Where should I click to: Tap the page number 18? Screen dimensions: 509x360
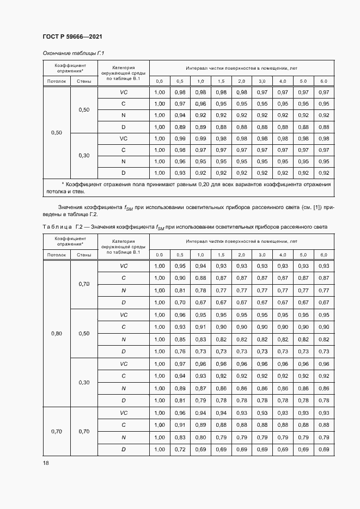point(46,462)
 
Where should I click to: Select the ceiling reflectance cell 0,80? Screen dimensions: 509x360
point(57,333)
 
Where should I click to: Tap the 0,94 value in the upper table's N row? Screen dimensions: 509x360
point(180,115)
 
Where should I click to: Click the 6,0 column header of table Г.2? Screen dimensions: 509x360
point(324,255)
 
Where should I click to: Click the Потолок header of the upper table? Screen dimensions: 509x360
point(57,81)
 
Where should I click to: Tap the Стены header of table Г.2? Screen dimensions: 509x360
point(84,255)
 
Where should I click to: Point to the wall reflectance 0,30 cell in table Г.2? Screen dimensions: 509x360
point(84,382)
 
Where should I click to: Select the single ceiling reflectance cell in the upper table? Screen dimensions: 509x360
point(57,133)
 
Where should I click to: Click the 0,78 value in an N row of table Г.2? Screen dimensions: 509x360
point(200,290)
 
